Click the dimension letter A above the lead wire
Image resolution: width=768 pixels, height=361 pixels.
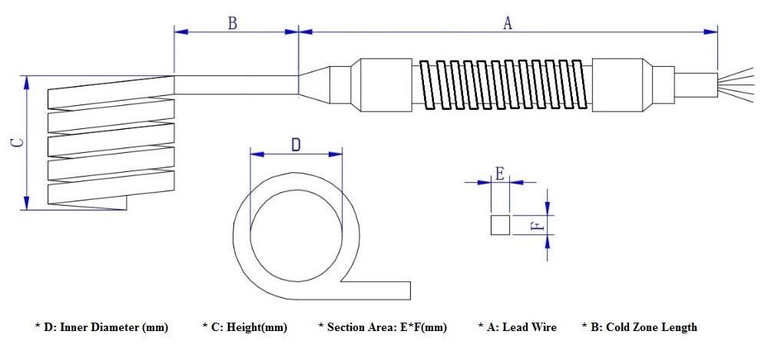(x=507, y=23)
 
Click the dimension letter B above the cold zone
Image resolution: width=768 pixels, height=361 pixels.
(x=232, y=23)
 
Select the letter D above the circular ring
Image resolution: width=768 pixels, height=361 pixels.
(x=296, y=144)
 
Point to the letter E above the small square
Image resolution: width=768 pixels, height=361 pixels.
(x=500, y=173)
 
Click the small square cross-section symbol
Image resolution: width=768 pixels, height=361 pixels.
(x=500, y=225)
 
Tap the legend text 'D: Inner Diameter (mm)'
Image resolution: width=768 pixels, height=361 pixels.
(x=102, y=327)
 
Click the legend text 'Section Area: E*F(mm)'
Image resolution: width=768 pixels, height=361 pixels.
(x=382, y=327)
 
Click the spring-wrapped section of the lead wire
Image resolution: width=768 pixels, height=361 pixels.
(x=504, y=83)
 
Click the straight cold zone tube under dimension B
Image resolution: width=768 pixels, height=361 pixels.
(x=236, y=84)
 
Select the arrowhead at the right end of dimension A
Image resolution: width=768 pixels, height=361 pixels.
(x=711, y=31)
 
